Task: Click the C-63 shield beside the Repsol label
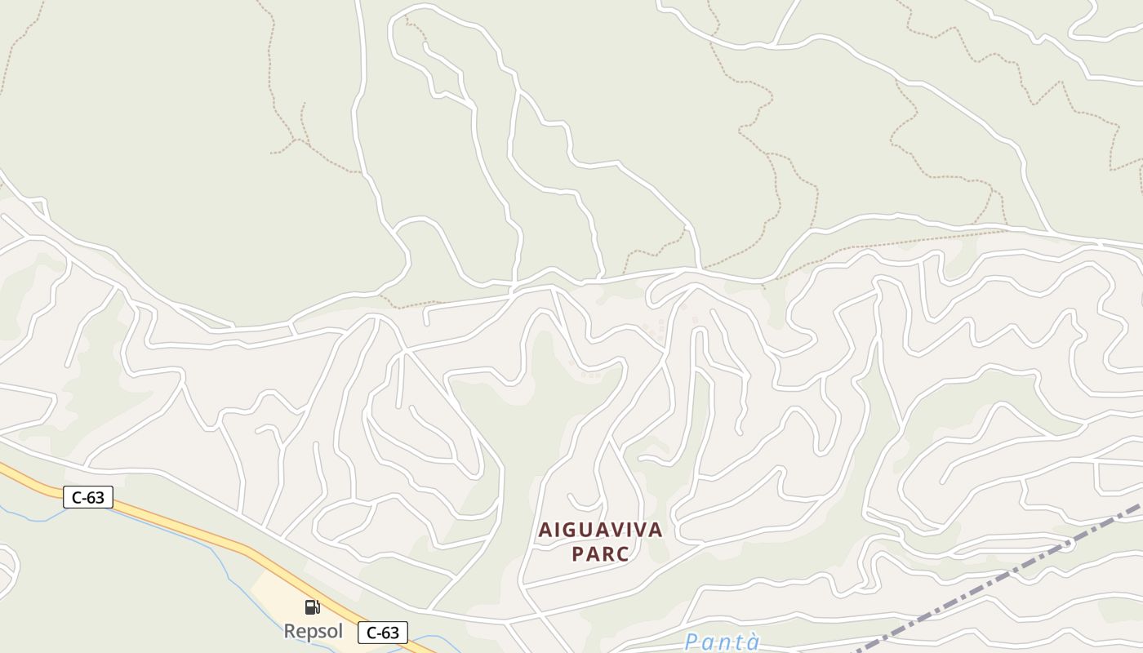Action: pos(382,632)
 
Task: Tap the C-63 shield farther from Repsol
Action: pos(87,496)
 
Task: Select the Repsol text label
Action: pos(312,631)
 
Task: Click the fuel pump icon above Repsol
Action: pos(312,606)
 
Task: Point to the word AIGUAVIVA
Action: pos(600,530)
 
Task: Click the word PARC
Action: pos(600,554)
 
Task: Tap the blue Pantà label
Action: pos(723,642)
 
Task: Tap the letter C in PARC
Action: pos(623,554)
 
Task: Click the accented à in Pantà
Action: pos(753,642)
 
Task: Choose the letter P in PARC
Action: pos(578,554)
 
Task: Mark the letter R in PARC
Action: pos(608,554)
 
